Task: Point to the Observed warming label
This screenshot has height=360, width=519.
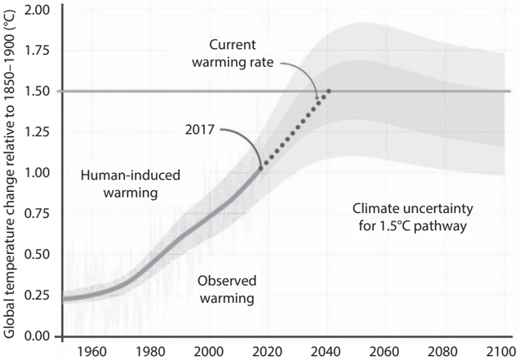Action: click(225, 290)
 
